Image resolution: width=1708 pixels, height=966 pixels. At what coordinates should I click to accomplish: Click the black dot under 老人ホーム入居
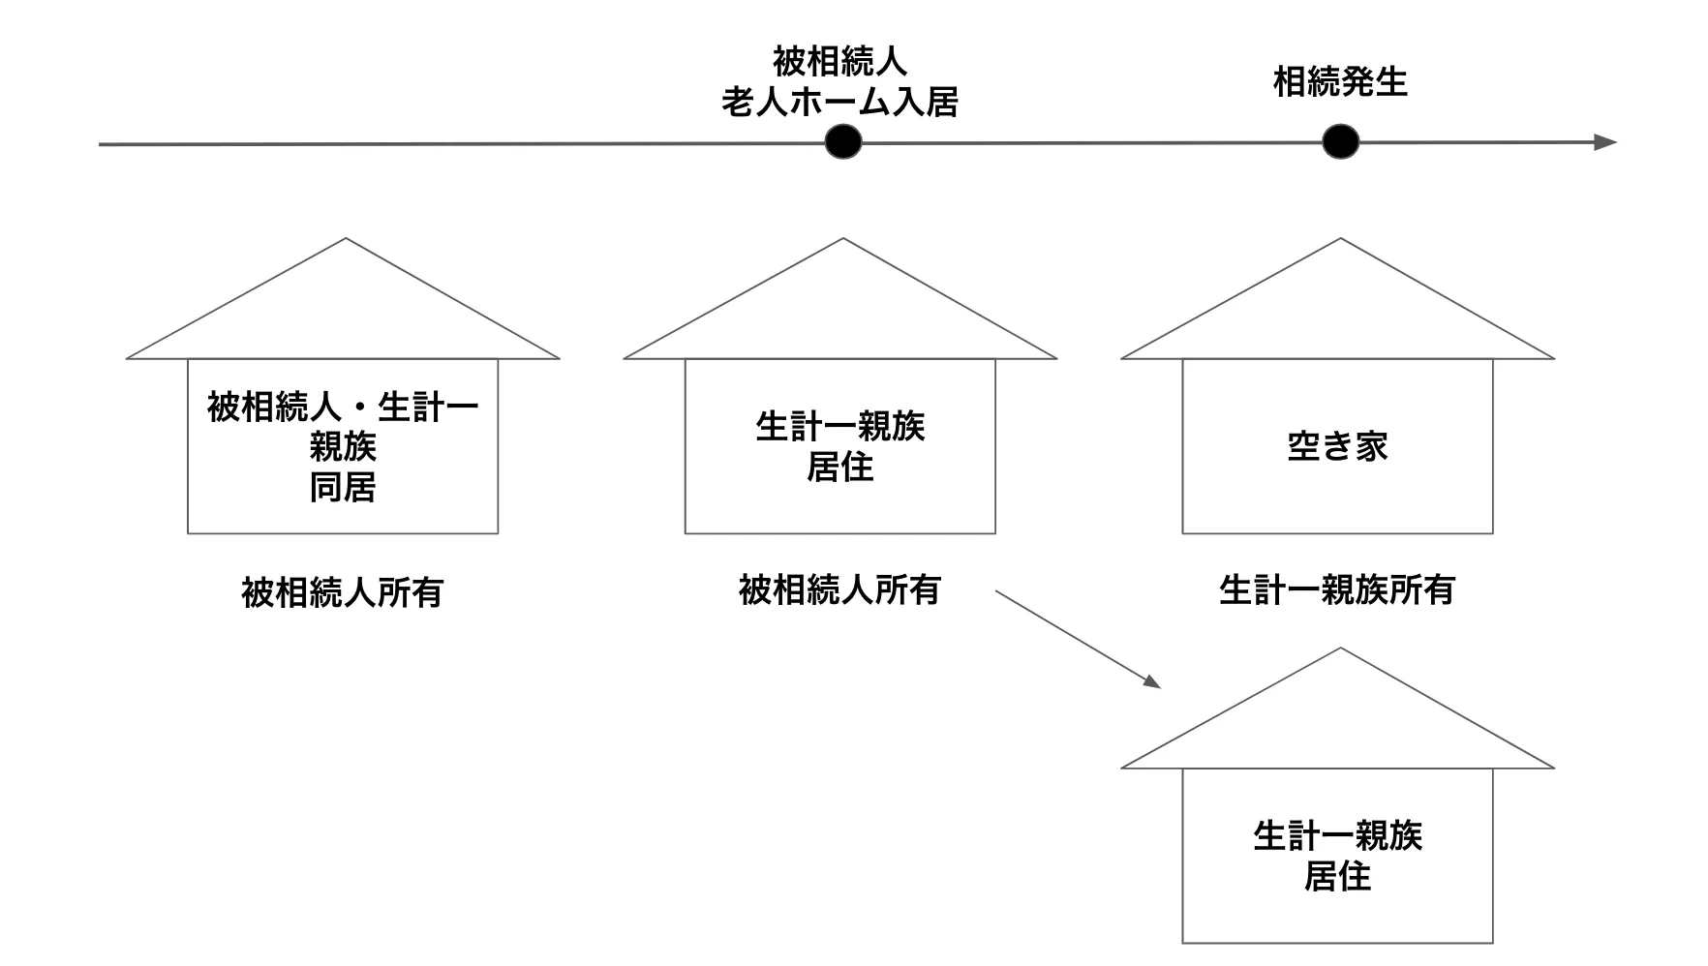coord(843,142)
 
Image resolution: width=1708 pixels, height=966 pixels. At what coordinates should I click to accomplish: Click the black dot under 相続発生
coord(1340,142)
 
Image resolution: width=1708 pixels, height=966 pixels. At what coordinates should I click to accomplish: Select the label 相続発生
coord(1339,82)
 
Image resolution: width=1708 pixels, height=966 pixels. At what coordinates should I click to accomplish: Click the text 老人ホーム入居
coord(839,102)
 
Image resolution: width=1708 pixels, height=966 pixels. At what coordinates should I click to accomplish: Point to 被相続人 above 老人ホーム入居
coord(839,61)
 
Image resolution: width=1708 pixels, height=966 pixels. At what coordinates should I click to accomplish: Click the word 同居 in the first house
coord(342,487)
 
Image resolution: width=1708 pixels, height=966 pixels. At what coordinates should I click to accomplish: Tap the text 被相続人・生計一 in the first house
coord(342,408)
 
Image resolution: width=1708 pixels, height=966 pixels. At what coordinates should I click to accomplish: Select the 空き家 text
coord(1337,446)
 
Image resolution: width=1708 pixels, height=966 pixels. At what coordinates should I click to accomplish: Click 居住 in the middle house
coord(839,468)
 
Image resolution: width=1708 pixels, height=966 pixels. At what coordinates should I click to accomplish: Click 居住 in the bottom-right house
coord(1337,877)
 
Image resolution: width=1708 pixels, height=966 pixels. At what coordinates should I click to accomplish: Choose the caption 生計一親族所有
coord(1336,589)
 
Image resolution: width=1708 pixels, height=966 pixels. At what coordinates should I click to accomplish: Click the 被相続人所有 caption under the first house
coord(342,591)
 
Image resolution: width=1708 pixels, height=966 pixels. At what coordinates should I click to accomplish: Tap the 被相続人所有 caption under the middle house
coord(839,589)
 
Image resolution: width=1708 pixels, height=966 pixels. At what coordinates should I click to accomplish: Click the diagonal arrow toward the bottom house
coord(1078,639)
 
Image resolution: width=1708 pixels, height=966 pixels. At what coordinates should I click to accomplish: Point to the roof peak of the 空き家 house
coord(1340,241)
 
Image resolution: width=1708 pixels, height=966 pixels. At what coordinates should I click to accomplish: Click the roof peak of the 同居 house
coord(346,241)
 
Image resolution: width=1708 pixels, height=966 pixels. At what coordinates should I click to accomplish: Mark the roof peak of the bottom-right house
coord(1340,650)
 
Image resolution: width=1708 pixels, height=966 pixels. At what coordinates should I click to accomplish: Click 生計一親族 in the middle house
coord(839,427)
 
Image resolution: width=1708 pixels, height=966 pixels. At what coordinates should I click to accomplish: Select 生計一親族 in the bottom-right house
coord(1337,836)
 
